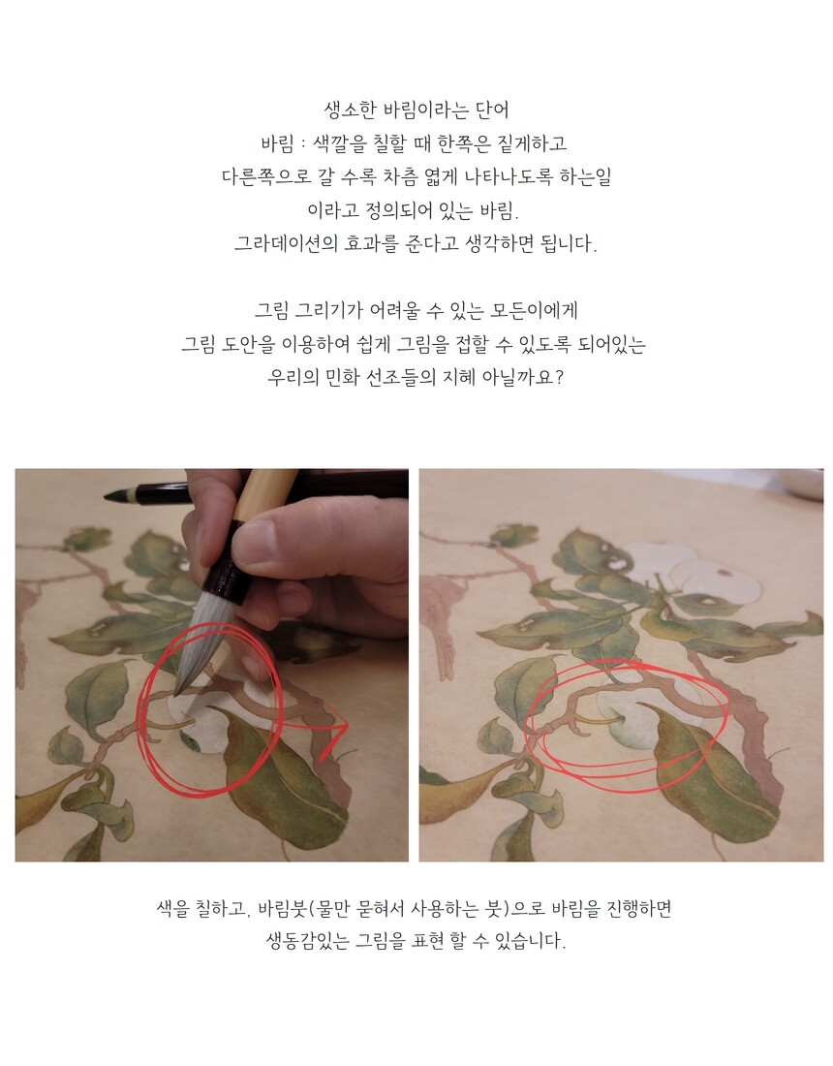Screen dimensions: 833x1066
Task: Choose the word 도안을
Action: point(248,344)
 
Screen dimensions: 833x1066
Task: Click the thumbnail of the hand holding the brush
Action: point(212,665)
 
